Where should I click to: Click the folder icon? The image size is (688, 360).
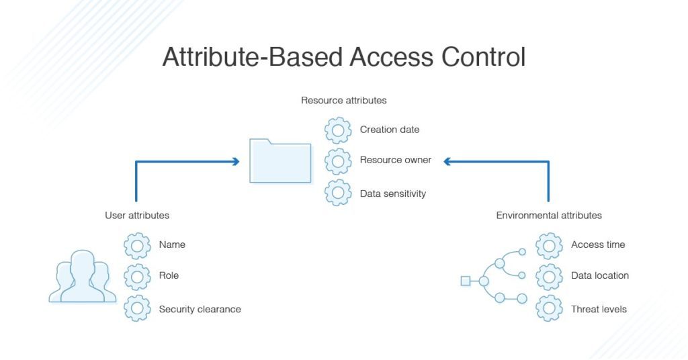(280, 161)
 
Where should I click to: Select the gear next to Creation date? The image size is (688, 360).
(338, 130)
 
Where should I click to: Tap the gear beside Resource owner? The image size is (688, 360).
(338, 161)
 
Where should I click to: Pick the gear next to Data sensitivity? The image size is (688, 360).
(338, 193)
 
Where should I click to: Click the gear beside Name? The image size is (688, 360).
(137, 245)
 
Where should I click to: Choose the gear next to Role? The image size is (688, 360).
(137, 276)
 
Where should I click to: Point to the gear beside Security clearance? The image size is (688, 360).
(137, 309)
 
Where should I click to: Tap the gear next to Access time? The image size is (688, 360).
(549, 245)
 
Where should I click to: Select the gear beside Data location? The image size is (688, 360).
(549, 276)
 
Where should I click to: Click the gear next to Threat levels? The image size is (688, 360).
(549, 309)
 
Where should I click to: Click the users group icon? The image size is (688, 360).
(79, 276)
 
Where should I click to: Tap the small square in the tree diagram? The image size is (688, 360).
(465, 281)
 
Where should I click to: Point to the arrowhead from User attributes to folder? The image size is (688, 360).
(235, 161)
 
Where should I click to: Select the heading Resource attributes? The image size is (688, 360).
(343, 101)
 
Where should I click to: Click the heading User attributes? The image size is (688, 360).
(137, 216)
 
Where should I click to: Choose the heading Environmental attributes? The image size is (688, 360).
(549, 216)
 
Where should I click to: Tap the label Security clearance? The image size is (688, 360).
(200, 310)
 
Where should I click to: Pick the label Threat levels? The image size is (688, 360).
(599, 310)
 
